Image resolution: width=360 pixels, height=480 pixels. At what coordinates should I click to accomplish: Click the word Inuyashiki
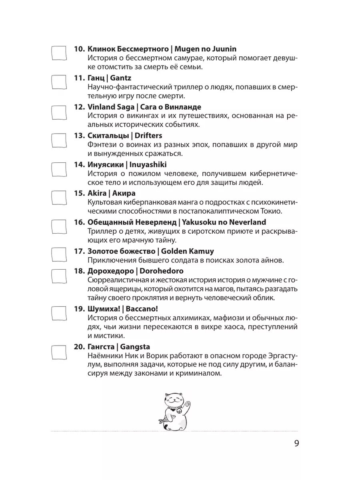(147, 164)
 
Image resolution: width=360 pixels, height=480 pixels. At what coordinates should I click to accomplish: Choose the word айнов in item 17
(272, 260)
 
